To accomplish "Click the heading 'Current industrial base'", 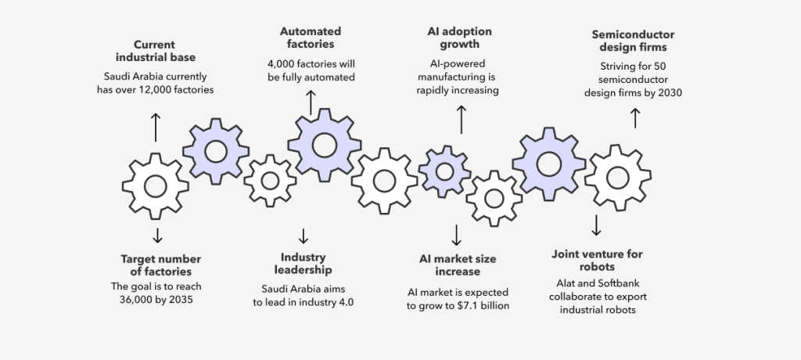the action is pyautogui.click(x=156, y=51).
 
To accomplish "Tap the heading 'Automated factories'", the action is pyautogui.click(x=311, y=38).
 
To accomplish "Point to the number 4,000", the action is pyautogui.click(x=281, y=64).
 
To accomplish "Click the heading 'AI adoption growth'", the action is pyautogui.click(x=460, y=38).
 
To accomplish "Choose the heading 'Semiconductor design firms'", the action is pyautogui.click(x=633, y=41).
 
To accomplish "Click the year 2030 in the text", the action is pyautogui.click(x=670, y=93).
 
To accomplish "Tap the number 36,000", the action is pyautogui.click(x=135, y=300).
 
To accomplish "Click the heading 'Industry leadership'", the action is pyautogui.click(x=303, y=264).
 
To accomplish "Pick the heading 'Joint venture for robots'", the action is pyautogui.click(x=597, y=261).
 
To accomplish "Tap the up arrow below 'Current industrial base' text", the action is pyautogui.click(x=156, y=128).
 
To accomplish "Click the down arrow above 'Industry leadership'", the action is pyautogui.click(x=304, y=236).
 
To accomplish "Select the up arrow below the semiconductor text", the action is pyautogui.click(x=635, y=118).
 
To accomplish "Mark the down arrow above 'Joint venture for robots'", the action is pyautogui.click(x=596, y=225).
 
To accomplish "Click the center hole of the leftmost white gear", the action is pyautogui.click(x=156, y=186).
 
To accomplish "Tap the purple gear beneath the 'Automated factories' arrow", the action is pyautogui.click(x=325, y=146).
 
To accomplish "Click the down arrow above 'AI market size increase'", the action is pyautogui.click(x=457, y=236).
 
